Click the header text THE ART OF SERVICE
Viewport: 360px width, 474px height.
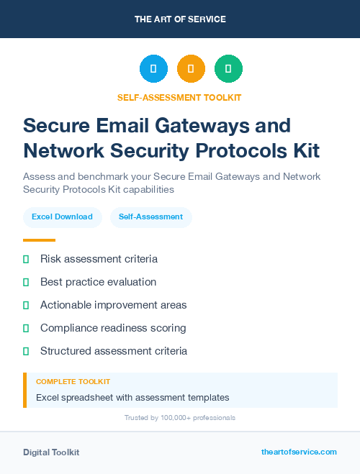pyautogui.click(x=180, y=19)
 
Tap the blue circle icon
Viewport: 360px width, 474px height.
pyautogui.click(x=153, y=69)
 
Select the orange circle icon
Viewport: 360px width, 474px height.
pyautogui.click(x=191, y=69)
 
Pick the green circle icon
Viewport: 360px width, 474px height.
pyautogui.click(x=228, y=69)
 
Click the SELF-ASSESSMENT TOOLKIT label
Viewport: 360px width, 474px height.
pyautogui.click(x=180, y=97)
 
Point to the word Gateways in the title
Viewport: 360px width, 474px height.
pyautogui.click(x=219, y=125)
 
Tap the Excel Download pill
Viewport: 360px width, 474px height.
pyautogui.click(x=62, y=217)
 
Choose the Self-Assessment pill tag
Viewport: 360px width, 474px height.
pyautogui.click(x=150, y=217)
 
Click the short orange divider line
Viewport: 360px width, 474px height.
pyautogui.click(x=39, y=240)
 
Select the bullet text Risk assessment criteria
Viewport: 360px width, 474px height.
pyautogui.click(x=99, y=259)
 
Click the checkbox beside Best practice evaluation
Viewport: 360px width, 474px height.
pyautogui.click(x=26, y=282)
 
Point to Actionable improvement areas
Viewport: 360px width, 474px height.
pyautogui.click(x=113, y=305)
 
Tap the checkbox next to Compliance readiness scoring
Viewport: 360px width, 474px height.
pyautogui.click(x=26, y=328)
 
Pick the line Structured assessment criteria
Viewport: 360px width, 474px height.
pyautogui.click(x=113, y=351)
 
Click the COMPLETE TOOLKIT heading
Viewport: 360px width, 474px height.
pyautogui.click(x=73, y=382)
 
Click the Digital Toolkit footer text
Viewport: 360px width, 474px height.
pyautogui.click(x=51, y=452)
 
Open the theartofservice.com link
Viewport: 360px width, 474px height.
pyautogui.click(x=299, y=452)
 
